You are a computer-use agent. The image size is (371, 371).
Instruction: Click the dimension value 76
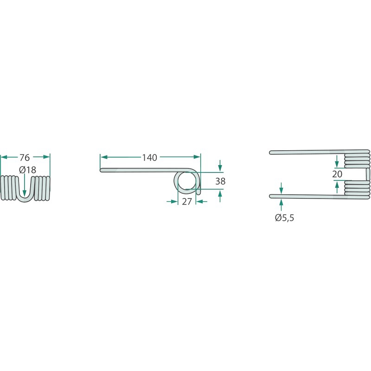(x=25, y=157)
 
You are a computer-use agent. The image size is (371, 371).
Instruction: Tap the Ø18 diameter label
(x=28, y=170)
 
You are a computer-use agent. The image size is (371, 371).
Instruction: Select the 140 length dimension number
(x=149, y=158)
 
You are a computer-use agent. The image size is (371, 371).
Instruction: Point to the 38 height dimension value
(x=220, y=181)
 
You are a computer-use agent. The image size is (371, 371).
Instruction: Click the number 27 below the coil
(x=187, y=202)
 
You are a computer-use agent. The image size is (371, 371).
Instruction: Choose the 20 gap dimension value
(x=337, y=174)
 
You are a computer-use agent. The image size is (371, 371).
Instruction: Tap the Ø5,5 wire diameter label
(x=285, y=217)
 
